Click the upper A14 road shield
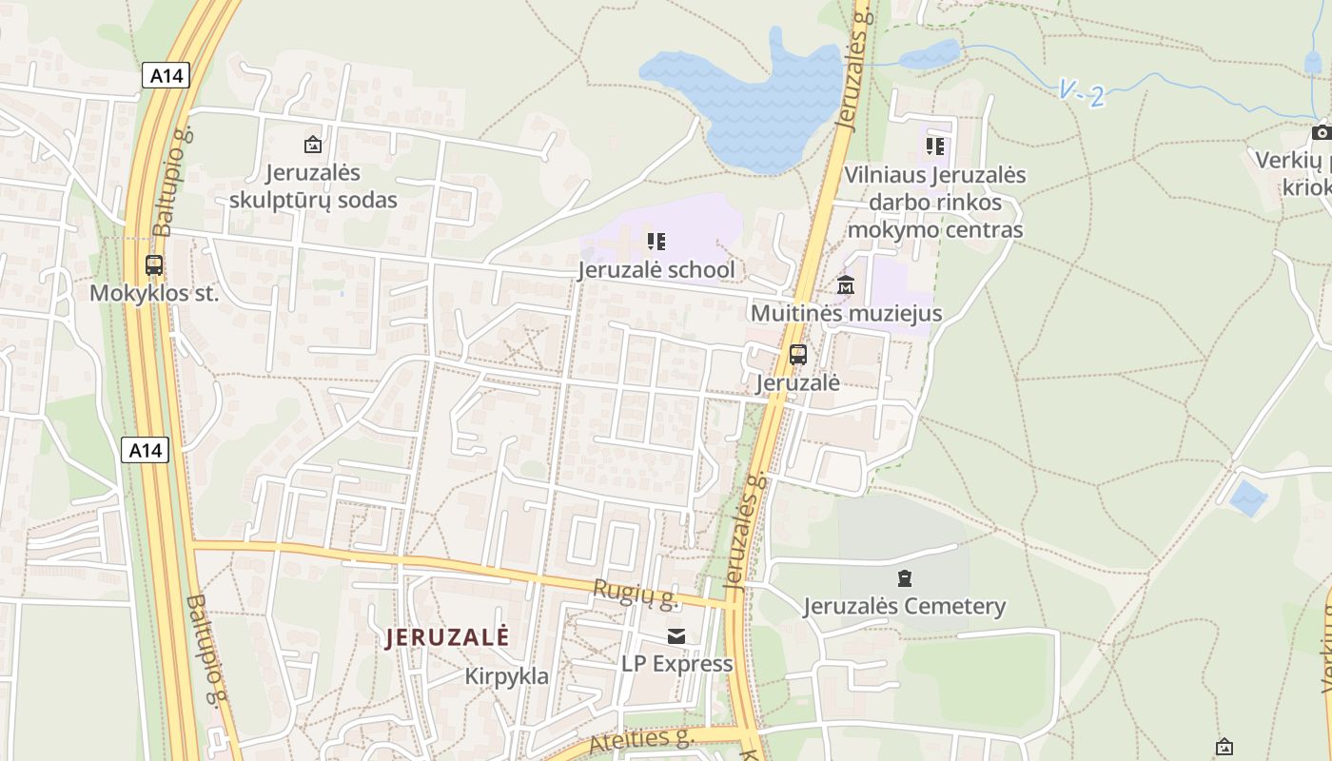[x=166, y=75]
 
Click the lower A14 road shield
[x=145, y=450]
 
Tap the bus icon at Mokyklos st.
[x=154, y=265]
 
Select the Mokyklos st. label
[x=154, y=293]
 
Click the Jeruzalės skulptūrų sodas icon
[x=312, y=145]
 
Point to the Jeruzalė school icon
[x=656, y=242]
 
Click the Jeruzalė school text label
[x=656, y=270]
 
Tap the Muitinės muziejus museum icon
[x=846, y=284]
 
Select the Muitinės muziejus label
[x=846, y=313]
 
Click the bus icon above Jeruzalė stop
[x=798, y=355]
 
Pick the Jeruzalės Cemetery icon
[x=904, y=577]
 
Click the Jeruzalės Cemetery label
[x=904, y=606]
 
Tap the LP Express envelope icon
[x=676, y=635]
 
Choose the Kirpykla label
[x=506, y=676]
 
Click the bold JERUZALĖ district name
[x=447, y=637]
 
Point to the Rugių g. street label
[x=635, y=594]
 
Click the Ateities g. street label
[x=641, y=739]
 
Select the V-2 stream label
[x=1082, y=94]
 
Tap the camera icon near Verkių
[x=1321, y=132]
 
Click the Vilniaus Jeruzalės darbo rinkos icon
[x=935, y=146]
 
